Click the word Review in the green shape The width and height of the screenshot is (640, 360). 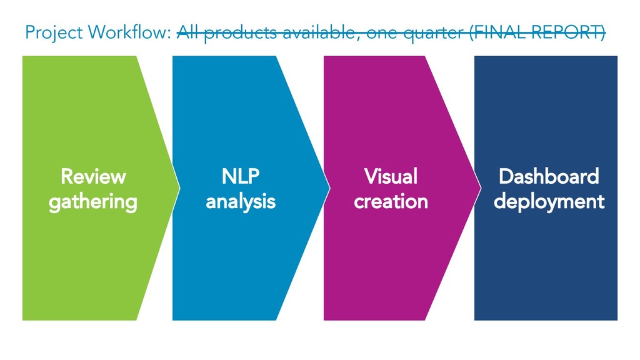coord(93,177)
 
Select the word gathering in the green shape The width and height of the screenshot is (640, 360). coord(93,202)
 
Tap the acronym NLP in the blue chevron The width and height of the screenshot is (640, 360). coord(241,177)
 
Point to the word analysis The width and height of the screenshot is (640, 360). coord(241,202)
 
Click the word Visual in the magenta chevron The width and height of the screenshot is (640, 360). coord(391,177)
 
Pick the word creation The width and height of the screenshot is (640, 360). coord(391,202)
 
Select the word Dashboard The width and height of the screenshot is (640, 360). coord(549,177)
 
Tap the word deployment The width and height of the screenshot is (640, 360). coord(549,202)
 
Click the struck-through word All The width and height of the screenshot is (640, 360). coord(187,32)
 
